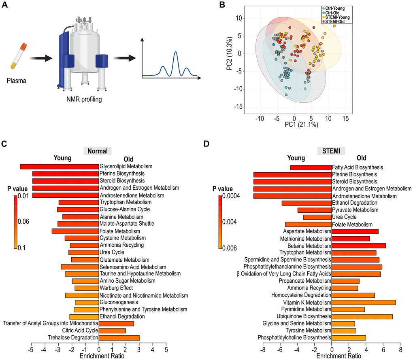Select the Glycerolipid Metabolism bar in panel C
pyautogui.click(x=60, y=166)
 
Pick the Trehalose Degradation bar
pyautogui.click(x=119, y=338)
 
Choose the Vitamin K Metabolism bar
pyautogui.click(x=364, y=302)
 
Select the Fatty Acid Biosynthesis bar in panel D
pyautogui.click(x=311, y=167)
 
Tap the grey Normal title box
pyautogui.click(x=97, y=151)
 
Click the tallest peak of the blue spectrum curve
pyautogui.click(x=175, y=52)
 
